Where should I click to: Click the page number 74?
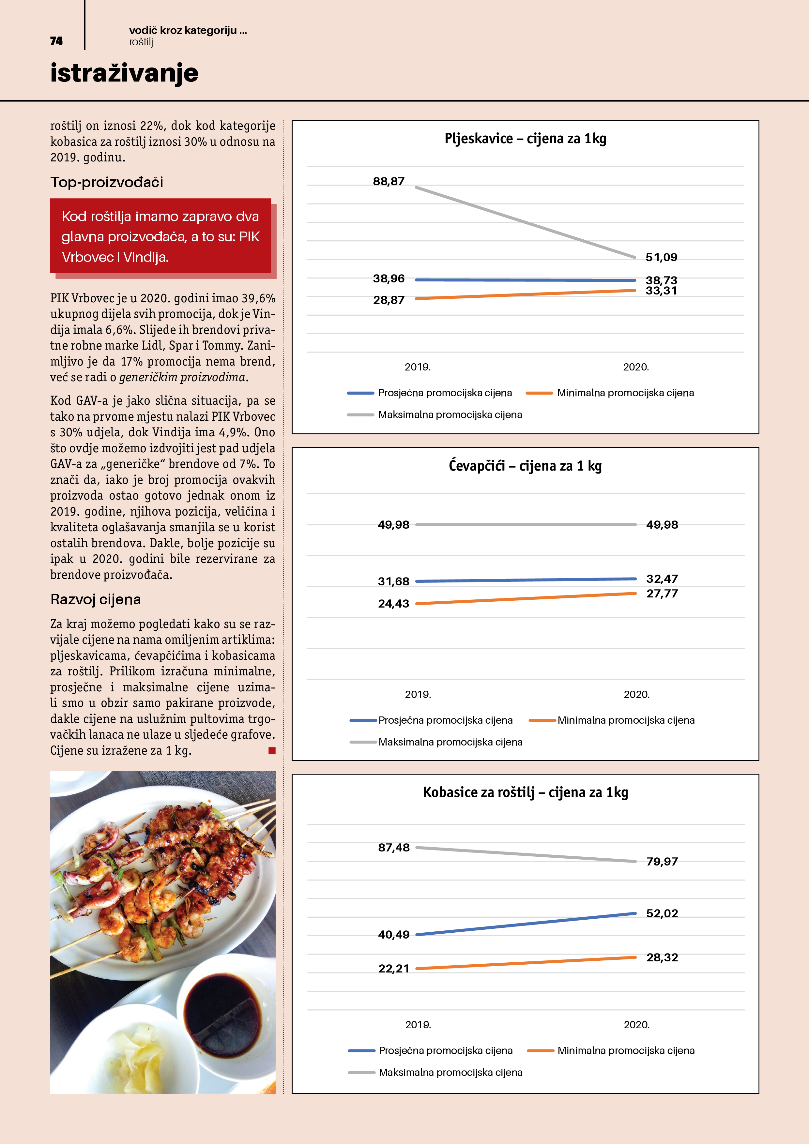(x=56, y=41)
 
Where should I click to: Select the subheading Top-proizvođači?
(x=107, y=182)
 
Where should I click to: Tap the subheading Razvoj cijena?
(x=96, y=599)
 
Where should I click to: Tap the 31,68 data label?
(x=393, y=581)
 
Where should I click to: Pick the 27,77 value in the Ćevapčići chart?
(x=662, y=594)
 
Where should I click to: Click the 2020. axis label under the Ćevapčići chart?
(x=636, y=694)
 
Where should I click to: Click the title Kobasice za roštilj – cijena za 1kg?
(x=526, y=792)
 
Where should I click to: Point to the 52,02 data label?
(x=662, y=913)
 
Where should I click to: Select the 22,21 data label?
(x=393, y=969)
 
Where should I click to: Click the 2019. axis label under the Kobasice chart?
(x=418, y=1024)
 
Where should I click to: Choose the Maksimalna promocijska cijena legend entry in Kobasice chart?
(x=450, y=1072)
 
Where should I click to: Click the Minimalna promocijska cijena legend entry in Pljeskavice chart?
(x=625, y=393)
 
